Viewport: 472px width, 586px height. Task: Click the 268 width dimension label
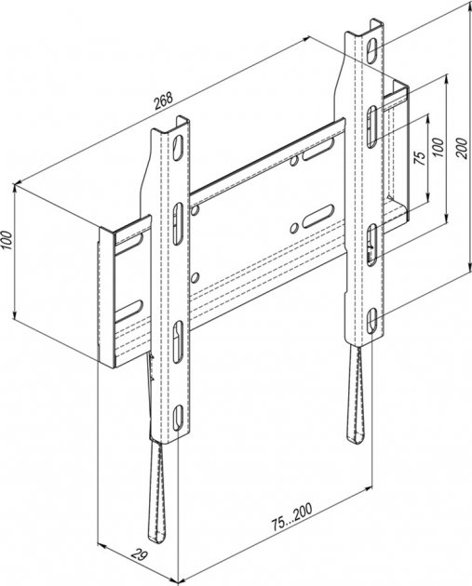click(x=164, y=100)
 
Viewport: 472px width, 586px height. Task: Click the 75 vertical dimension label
click(x=421, y=158)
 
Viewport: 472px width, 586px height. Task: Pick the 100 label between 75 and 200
click(x=438, y=147)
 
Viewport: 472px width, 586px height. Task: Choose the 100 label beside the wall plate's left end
click(x=7, y=242)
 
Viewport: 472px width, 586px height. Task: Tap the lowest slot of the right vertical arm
click(x=371, y=320)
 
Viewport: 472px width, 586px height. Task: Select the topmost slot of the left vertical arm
click(x=179, y=148)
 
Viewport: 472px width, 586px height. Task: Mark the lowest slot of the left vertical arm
click(x=179, y=417)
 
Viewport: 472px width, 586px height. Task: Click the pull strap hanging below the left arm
click(x=157, y=492)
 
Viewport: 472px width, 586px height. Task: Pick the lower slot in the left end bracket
click(x=128, y=311)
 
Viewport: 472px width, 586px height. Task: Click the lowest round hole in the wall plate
click(x=195, y=277)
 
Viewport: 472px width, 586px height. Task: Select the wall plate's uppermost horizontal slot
click(x=318, y=150)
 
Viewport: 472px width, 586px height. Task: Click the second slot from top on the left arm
click(x=179, y=224)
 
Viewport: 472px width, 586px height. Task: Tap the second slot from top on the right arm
click(x=371, y=127)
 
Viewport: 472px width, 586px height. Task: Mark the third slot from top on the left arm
click(x=179, y=341)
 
